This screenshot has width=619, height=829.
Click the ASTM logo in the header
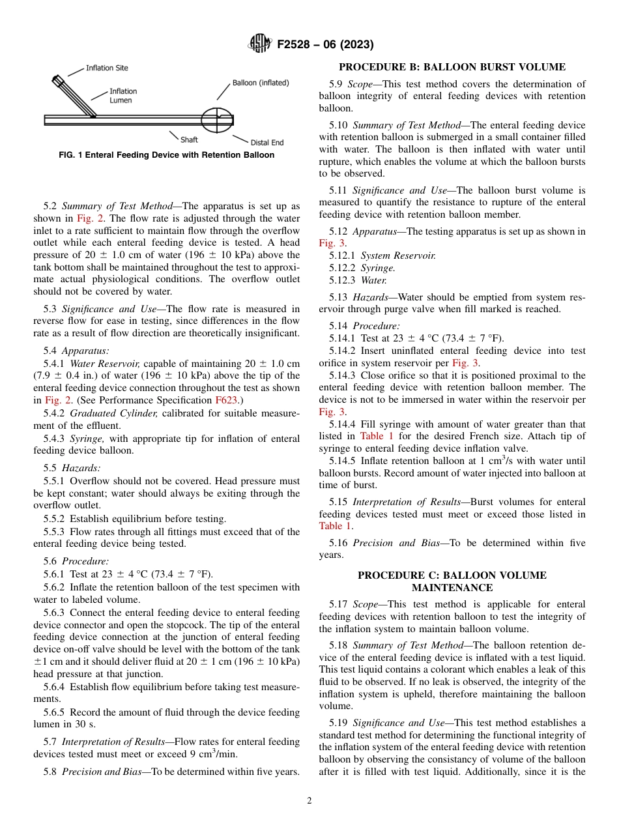(260, 44)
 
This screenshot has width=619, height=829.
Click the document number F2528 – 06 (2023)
(325, 45)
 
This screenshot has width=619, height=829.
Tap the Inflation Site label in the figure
(107, 68)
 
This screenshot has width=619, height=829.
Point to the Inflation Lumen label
(122, 96)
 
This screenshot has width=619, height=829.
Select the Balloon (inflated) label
(261, 83)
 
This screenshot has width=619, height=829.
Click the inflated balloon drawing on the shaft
(216, 120)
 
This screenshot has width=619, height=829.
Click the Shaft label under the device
(189, 139)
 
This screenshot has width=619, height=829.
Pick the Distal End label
(267, 142)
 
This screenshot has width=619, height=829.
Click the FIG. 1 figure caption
(166, 155)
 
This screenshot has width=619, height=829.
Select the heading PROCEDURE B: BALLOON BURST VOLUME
(452, 67)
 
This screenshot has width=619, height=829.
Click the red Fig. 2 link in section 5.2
(86, 218)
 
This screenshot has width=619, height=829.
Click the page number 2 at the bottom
(309, 801)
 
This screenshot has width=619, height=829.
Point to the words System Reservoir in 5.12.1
(398, 255)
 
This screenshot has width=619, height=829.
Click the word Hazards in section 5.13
(370, 297)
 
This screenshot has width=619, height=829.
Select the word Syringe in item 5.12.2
(378, 268)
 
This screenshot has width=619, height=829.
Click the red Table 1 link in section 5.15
(334, 526)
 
